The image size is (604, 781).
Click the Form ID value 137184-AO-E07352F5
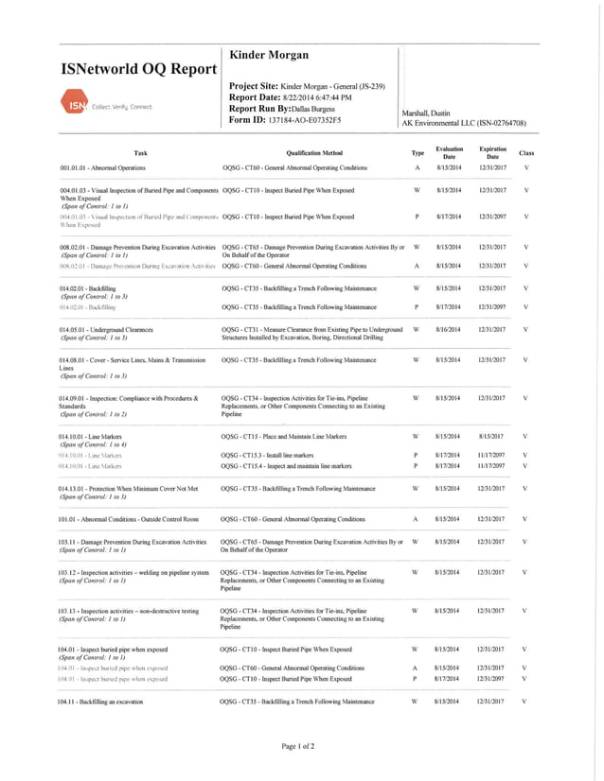coord(305,120)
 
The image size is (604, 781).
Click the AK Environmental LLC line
coord(464,123)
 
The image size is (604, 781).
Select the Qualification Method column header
coord(313,152)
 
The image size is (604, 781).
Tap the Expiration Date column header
coord(492,152)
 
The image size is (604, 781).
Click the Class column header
coord(526,152)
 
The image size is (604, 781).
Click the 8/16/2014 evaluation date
coord(448,329)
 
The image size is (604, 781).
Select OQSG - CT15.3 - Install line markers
coord(264,455)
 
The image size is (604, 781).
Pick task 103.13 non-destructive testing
coord(128,611)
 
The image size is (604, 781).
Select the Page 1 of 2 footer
coord(298,747)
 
